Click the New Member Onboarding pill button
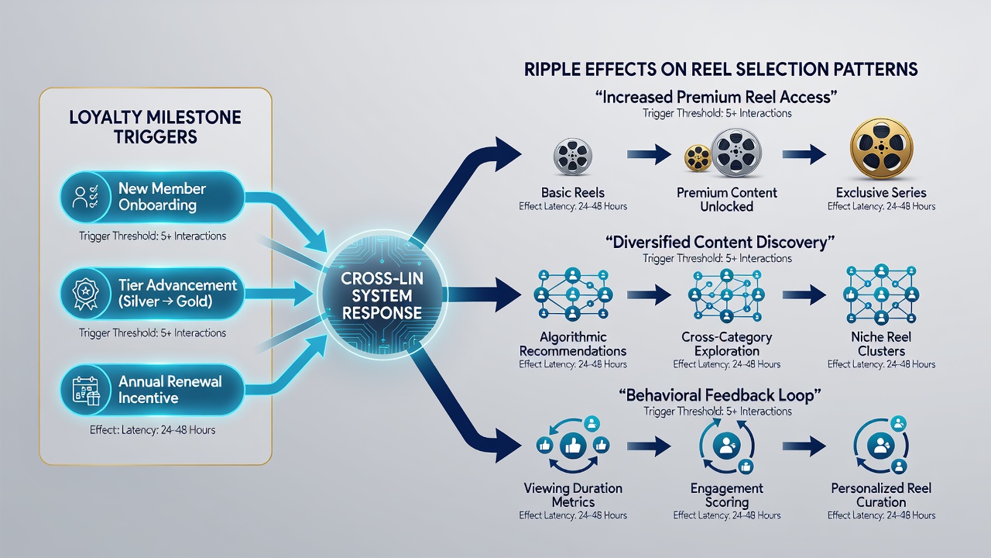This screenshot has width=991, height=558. point(153,197)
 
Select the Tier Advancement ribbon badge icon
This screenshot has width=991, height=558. point(85,293)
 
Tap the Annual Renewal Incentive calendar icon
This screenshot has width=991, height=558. point(86,391)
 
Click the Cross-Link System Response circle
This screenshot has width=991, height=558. point(382,295)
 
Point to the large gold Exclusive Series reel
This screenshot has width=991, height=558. point(881,148)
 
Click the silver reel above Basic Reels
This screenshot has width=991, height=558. point(572,156)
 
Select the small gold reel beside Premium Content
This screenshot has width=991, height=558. point(698,158)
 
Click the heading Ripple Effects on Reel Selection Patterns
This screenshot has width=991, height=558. point(721,70)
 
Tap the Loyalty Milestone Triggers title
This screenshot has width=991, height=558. point(156,127)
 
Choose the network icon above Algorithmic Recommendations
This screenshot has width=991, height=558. point(572,294)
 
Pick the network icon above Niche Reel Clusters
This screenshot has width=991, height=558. point(881,294)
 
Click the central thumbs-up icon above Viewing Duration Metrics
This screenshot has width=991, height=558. point(573,446)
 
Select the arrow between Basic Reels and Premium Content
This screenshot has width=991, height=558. point(649,154)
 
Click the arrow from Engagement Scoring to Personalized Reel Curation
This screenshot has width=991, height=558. point(804,446)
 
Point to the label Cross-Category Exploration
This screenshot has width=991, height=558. point(727,344)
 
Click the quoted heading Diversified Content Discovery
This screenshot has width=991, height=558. point(719,243)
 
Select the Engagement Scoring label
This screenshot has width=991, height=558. point(727,495)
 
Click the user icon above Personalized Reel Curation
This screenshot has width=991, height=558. point(881,446)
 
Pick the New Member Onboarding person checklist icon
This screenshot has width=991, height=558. point(86,197)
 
